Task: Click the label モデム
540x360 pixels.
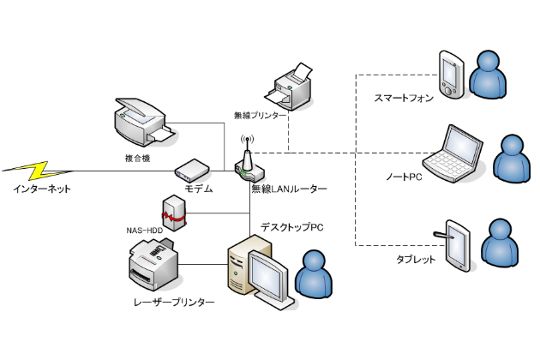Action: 198,188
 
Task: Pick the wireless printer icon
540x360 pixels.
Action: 295,85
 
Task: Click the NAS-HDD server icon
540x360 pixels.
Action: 173,213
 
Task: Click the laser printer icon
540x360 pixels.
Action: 155,267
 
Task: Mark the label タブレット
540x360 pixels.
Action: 416,259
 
